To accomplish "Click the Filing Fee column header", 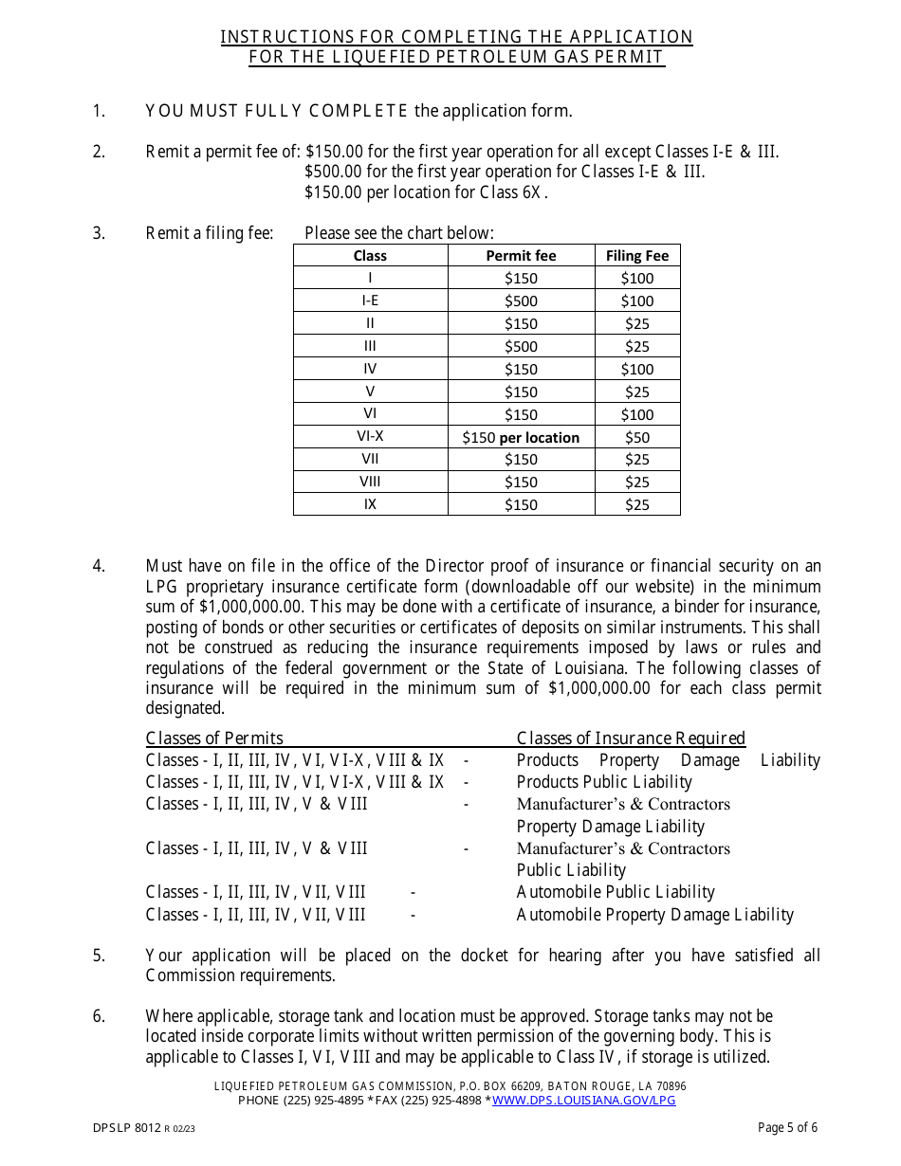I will click(x=637, y=255).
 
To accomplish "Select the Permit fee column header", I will click(x=521, y=255).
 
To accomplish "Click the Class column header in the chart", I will click(x=370, y=255).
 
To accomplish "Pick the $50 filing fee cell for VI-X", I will click(x=637, y=437).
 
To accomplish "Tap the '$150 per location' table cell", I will click(x=521, y=437).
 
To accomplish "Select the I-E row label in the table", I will click(x=370, y=301).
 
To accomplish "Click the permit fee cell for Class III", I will click(x=521, y=346).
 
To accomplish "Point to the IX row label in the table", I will click(x=370, y=504).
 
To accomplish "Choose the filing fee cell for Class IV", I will click(x=637, y=369).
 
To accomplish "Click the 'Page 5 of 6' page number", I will click(x=787, y=1127).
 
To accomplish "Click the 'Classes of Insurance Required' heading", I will click(x=631, y=738).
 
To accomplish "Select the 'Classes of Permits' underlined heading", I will click(x=214, y=738).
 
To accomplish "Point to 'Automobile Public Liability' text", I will click(x=616, y=892).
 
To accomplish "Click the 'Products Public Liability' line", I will click(x=604, y=782).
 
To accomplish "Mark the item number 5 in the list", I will click(x=99, y=956).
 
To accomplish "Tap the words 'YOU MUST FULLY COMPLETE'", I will click(x=277, y=111).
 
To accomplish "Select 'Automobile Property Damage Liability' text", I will click(x=654, y=915).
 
